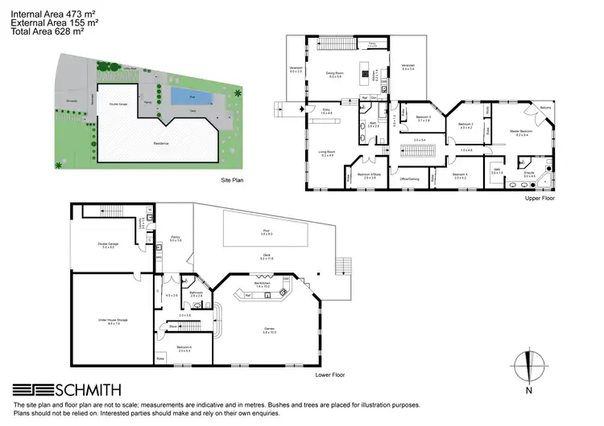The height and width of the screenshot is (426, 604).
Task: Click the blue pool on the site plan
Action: pos(192,97)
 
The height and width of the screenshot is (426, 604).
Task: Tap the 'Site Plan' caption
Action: pos(232,180)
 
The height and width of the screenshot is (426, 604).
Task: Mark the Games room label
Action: pos(269,330)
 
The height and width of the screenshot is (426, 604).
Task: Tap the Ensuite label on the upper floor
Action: pos(529,174)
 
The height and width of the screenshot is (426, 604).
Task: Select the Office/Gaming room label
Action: pos(408,178)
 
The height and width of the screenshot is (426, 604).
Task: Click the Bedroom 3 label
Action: pos(424,118)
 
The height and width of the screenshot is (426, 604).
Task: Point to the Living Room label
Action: pos(329,153)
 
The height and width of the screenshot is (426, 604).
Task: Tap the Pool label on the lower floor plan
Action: pos(267,232)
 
